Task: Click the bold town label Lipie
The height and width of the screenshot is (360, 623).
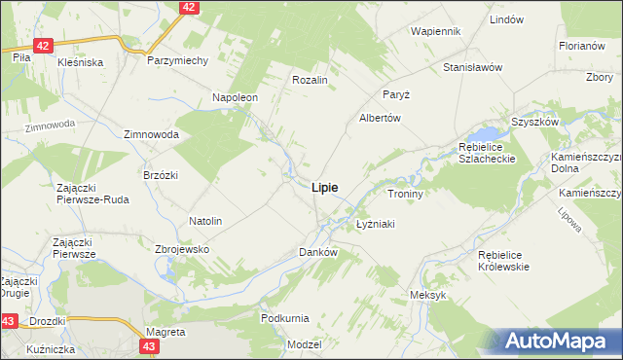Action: [x=325, y=187]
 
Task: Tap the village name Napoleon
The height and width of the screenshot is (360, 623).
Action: [x=235, y=98]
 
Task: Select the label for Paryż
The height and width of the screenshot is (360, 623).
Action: [x=395, y=94]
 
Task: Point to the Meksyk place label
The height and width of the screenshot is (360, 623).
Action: [x=428, y=295]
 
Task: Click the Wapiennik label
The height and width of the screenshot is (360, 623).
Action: [x=435, y=31]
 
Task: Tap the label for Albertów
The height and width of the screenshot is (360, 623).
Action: [x=381, y=118]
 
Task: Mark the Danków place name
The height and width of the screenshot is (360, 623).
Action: [x=317, y=252]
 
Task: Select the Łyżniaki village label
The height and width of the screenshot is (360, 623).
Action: [x=375, y=224]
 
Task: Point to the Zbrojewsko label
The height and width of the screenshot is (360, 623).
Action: [x=183, y=249]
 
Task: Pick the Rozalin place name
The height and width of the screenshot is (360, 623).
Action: [x=309, y=80]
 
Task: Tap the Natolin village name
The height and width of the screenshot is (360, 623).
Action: [x=205, y=222]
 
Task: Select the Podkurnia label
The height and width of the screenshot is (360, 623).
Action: [x=285, y=318]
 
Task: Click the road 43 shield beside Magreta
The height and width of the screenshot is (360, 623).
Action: [x=149, y=345]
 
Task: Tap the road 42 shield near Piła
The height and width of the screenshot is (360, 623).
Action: [x=42, y=46]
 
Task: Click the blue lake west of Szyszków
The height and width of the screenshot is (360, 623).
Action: [x=484, y=133]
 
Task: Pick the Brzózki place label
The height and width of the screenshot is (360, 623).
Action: [x=160, y=174]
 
